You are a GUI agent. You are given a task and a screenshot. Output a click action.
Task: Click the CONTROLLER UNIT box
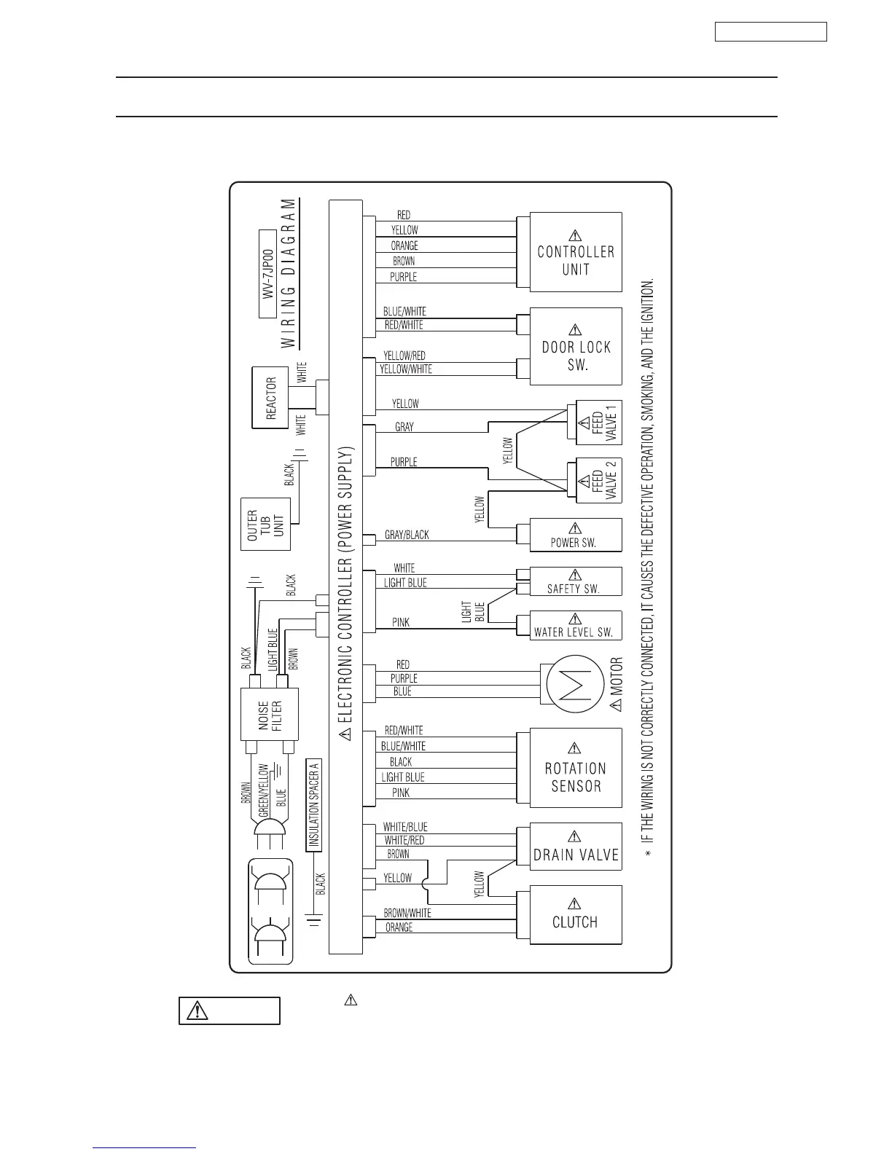[576, 252]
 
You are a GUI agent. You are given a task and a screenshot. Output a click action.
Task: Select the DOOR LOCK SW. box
[576, 346]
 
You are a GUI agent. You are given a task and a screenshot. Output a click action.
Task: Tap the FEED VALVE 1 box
[599, 423]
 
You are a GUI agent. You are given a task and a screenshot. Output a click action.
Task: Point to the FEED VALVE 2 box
[599, 481]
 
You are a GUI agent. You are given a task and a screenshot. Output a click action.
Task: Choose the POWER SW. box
[576, 535]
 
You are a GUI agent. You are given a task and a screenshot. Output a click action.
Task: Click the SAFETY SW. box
[576, 582]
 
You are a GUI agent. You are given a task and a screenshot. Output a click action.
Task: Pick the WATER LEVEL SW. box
[576, 625]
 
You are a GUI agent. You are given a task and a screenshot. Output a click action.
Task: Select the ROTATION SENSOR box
[576, 768]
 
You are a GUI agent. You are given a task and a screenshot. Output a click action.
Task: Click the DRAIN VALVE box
[576, 847]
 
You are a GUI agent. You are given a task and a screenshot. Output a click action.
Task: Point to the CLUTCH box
[576, 915]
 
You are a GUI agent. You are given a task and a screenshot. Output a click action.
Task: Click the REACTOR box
[270, 398]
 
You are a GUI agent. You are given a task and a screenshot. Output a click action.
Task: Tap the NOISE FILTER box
[270, 715]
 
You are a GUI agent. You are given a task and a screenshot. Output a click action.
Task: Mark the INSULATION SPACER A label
[314, 805]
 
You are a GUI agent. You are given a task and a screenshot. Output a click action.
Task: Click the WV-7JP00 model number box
[267, 273]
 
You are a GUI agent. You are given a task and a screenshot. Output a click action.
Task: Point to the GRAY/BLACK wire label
[407, 535]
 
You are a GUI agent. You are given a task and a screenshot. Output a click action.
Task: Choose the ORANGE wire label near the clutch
[399, 927]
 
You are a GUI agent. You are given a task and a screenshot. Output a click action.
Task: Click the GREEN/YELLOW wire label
[264, 790]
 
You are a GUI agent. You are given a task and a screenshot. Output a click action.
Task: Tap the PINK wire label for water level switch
[401, 622]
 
